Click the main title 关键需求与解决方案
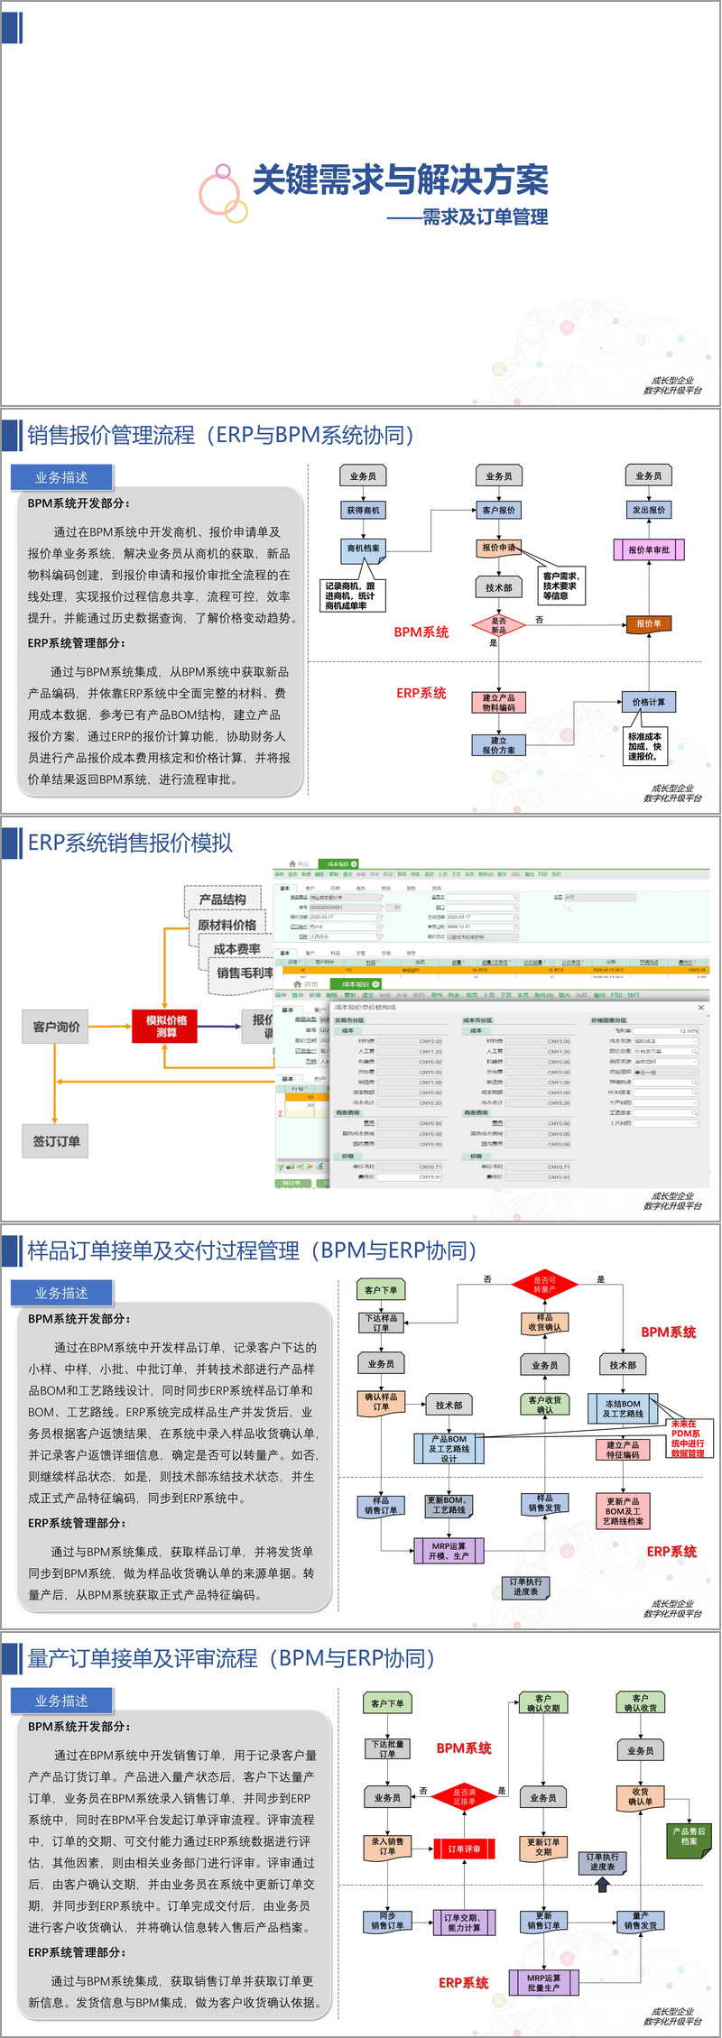tap(400, 180)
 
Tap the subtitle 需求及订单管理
tap(485, 217)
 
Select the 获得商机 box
tap(363, 511)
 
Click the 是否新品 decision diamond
tap(498, 624)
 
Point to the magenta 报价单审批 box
tap(648, 549)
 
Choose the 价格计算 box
tap(648, 702)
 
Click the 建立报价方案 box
tap(498, 745)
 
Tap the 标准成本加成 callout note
tap(644, 746)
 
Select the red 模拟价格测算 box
tap(166, 1026)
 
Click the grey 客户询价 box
tap(56, 1027)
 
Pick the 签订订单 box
tap(56, 1141)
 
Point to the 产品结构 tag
tap(222, 899)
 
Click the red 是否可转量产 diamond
tap(544, 1284)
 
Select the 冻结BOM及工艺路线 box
tap(623, 1408)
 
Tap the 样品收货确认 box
tap(544, 1322)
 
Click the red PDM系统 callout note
tap(687, 1438)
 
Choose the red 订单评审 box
tap(464, 1849)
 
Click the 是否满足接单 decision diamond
tap(464, 1796)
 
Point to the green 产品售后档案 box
tap(689, 1835)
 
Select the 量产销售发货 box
tap(641, 1920)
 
